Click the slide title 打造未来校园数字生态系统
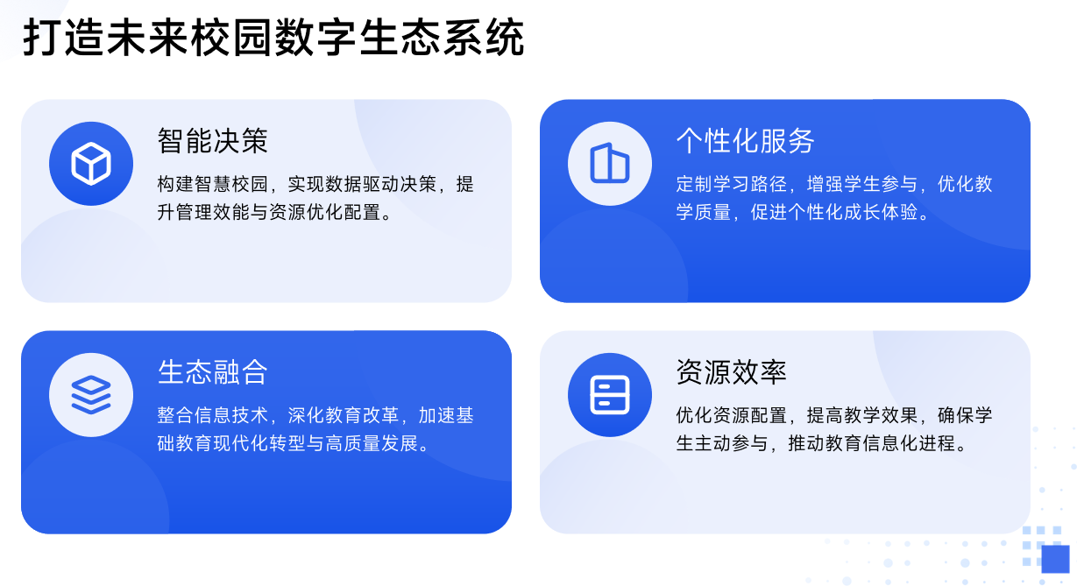[x=273, y=39]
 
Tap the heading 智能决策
[x=213, y=140]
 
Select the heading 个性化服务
[x=745, y=140]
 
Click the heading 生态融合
[x=213, y=371]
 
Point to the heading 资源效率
[x=731, y=371]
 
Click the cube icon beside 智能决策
[x=91, y=164]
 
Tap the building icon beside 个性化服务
[x=610, y=164]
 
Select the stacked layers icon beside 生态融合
[x=91, y=395]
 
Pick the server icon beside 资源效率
[x=610, y=395]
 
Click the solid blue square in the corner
[x=1055, y=559]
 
